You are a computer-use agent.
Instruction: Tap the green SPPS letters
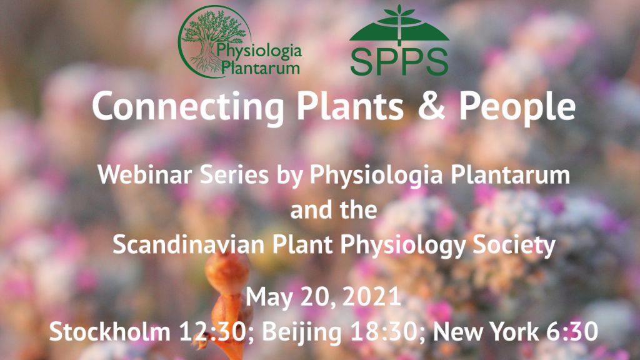pyautogui.click(x=399, y=62)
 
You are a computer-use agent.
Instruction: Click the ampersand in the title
pyautogui.click(x=431, y=106)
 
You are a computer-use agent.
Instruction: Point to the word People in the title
pyautogui.click(x=517, y=107)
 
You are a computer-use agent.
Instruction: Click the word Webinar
pyautogui.click(x=145, y=175)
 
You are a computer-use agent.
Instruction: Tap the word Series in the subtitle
pyautogui.click(x=234, y=175)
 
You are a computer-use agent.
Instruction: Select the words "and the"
pyautogui.click(x=334, y=210)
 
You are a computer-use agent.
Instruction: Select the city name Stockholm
pyautogui.click(x=110, y=331)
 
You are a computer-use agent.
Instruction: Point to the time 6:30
pyautogui.click(x=572, y=331)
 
